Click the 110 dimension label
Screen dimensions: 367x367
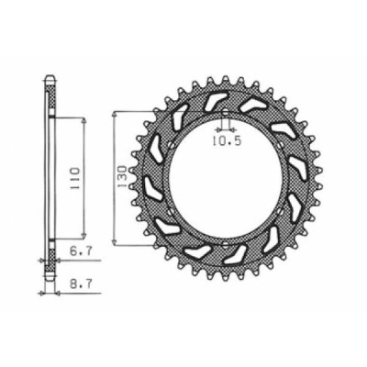[x=75, y=179]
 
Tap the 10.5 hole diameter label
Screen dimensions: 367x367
[x=228, y=140]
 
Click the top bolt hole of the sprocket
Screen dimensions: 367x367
[x=225, y=113]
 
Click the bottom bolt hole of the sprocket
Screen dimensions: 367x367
[x=225, y=244]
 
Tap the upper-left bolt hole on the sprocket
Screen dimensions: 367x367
[x=171, y=145]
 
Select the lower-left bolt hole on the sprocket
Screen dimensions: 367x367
[x=171, y=211]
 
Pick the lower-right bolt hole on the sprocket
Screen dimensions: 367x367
[x=280, y=211]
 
